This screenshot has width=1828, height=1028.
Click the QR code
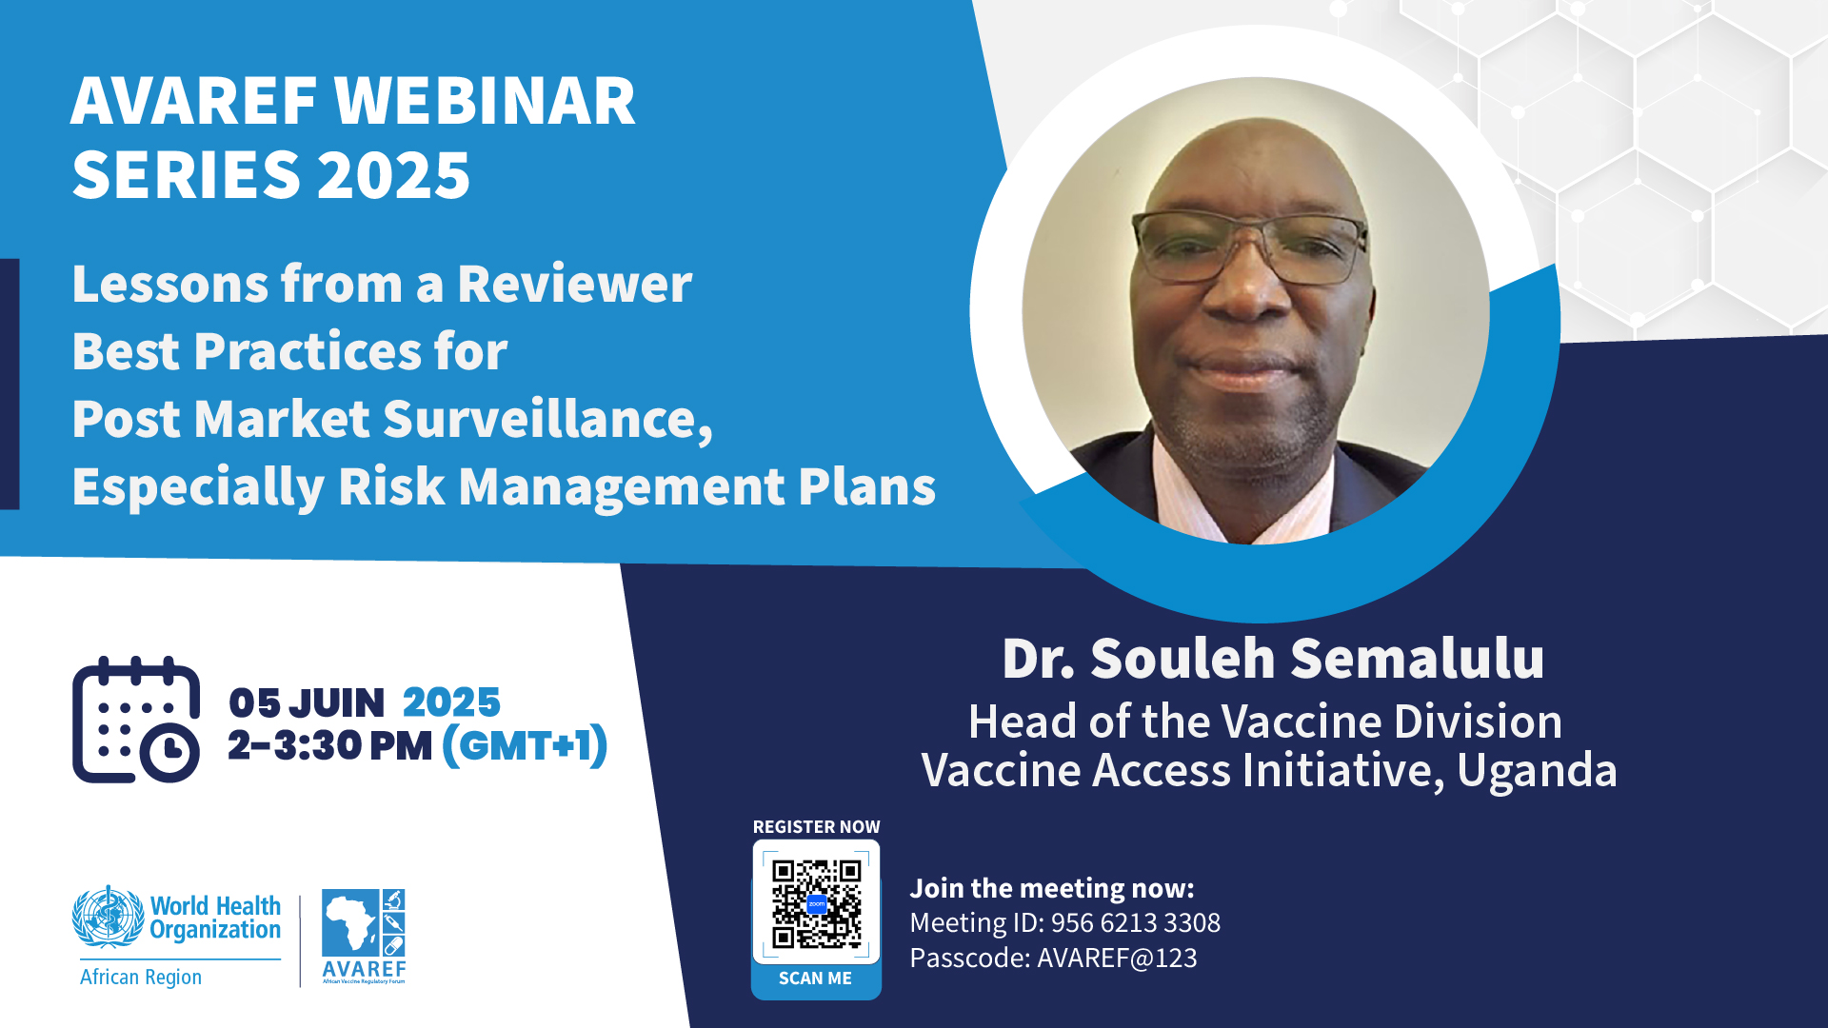(x=816, y=904)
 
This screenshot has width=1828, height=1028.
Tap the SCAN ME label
(x=815, y=979)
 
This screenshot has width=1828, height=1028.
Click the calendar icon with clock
(x=136, y=720)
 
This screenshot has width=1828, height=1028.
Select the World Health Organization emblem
(x=109, y=917)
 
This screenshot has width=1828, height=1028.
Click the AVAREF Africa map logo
(x=364, y=937)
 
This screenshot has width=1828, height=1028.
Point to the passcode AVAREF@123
(x=1117, y=958)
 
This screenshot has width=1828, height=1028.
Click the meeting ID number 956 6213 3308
(x=1136, y=922)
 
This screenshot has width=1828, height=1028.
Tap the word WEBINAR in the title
(x=485, y=102)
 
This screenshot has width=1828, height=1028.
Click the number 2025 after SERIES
(x=394, y=176)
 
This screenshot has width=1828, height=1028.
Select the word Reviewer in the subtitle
(x=575, y=285)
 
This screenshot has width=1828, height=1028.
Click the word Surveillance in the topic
(x=548, y=420)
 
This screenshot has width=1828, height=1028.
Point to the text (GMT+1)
(x=525, y=745)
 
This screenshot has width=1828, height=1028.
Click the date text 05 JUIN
(x=307, y=702)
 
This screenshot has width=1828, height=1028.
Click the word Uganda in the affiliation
(x=1537, y=770)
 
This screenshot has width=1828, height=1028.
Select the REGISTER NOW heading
(x=816, y=827)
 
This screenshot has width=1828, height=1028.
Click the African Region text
(x=141, y=978)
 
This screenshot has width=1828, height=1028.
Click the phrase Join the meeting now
(x=1052, y=888)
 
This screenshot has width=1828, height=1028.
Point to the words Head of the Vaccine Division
(x=1265, y=722)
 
